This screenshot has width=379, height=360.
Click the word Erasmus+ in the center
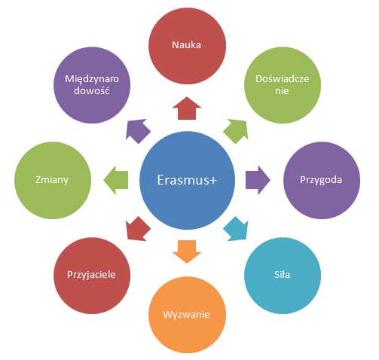pos(187,180)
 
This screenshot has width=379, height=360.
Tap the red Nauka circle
pos(187,45)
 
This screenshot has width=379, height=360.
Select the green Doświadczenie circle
pos(283,85)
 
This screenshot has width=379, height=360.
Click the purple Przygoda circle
pos(322,180)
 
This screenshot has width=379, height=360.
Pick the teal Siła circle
pos(283,276)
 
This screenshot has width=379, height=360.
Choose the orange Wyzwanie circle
pos(187,315)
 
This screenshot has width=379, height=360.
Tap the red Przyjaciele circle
pos(92,276)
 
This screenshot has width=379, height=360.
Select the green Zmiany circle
pos(53,180)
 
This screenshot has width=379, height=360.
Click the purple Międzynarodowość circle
pos(92,85)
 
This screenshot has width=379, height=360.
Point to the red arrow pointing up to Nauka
pos(187,108)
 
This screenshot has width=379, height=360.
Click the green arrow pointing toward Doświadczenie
pos(237,131)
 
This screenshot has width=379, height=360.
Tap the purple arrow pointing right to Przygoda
pos(258,180)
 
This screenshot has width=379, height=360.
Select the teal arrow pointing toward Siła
pos(237,229)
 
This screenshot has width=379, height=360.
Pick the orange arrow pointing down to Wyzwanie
pos(187,252)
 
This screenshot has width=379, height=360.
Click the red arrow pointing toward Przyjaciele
pos(138,229)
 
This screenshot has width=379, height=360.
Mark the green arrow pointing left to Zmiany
pos(116,180)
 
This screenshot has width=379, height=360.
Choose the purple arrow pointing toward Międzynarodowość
pos(138,131)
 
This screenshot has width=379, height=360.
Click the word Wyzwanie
pos(186,315)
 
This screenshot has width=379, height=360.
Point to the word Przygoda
pos(321,180)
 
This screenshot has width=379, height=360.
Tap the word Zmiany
pos(52,180)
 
